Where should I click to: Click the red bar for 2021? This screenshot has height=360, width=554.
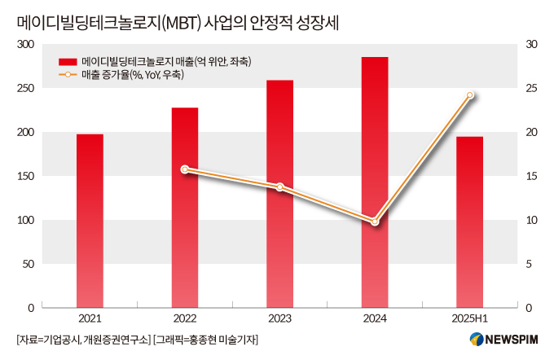click(90, 221)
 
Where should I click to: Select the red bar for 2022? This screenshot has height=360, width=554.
click(185, 208)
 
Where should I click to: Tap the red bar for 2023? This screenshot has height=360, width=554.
click(279, 194)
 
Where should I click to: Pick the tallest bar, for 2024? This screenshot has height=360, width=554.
click(375, 182)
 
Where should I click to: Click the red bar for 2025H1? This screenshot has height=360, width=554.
click(469, 222)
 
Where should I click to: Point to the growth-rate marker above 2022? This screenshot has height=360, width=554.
click(185, 169)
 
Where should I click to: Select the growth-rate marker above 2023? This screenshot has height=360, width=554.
click(279, 187)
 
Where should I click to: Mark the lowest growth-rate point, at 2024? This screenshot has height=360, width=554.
click(375, 222)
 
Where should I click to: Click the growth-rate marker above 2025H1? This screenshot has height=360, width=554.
click(470, 95)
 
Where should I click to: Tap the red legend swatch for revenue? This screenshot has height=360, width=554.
click(68, 62)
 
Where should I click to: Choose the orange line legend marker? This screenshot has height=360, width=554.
click(68, 75)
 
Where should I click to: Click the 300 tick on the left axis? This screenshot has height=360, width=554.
click(26, 44)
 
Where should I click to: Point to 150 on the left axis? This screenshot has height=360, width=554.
click(26, 176)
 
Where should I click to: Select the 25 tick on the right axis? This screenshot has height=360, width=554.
click(531, 88)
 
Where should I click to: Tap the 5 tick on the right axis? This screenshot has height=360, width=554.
click(529, 264)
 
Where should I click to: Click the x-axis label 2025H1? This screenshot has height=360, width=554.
click(469, 318)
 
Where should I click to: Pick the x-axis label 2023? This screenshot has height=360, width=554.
click(279, 318)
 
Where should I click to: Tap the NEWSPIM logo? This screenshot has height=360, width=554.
click(503, 339)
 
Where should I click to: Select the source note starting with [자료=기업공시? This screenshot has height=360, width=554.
click(84, 340)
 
